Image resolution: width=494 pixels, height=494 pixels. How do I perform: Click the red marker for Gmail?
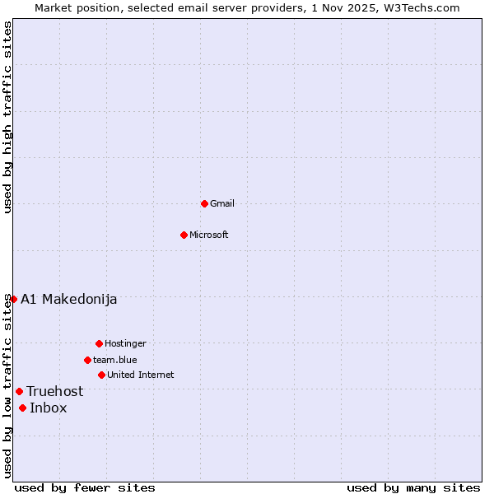point(204,203)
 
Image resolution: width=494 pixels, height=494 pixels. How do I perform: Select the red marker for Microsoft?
point(184,235)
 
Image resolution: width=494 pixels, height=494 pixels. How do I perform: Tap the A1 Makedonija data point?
point(13,299)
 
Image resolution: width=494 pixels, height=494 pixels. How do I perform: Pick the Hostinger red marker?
point(99,343)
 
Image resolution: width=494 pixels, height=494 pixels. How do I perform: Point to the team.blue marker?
point(87,360)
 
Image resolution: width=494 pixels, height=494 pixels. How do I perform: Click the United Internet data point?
point(101,375)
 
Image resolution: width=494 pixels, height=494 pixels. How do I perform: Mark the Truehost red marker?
point(19,391)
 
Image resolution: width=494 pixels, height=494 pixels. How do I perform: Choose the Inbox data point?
point(22,408)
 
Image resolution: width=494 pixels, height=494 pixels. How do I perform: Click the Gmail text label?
point(222,203)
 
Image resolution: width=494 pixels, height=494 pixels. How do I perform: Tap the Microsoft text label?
point(209,235)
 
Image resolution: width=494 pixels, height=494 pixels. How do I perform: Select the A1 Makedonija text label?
point(69,299)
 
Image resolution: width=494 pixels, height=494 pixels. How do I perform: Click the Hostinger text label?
point(126,343)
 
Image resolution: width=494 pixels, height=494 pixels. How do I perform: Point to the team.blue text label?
point(115,360)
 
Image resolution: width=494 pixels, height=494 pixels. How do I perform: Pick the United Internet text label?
point(141,375)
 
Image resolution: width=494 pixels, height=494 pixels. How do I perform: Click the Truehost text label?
point(55,391)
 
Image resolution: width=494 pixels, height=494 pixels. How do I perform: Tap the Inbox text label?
point(49,408)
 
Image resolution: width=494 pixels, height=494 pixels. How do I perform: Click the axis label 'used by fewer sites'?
point(85,487)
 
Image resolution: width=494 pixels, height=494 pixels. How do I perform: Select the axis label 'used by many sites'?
point(413,487)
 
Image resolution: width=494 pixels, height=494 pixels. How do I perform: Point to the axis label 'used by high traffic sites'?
point(7,117)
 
